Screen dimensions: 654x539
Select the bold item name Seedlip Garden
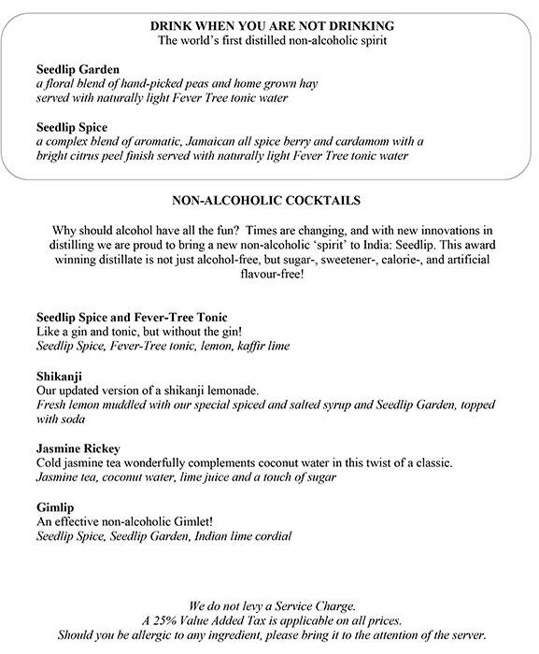79,70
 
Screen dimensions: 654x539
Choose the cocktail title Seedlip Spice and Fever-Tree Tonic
132,317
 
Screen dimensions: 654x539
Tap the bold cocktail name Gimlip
55,505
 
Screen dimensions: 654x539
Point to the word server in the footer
465,635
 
